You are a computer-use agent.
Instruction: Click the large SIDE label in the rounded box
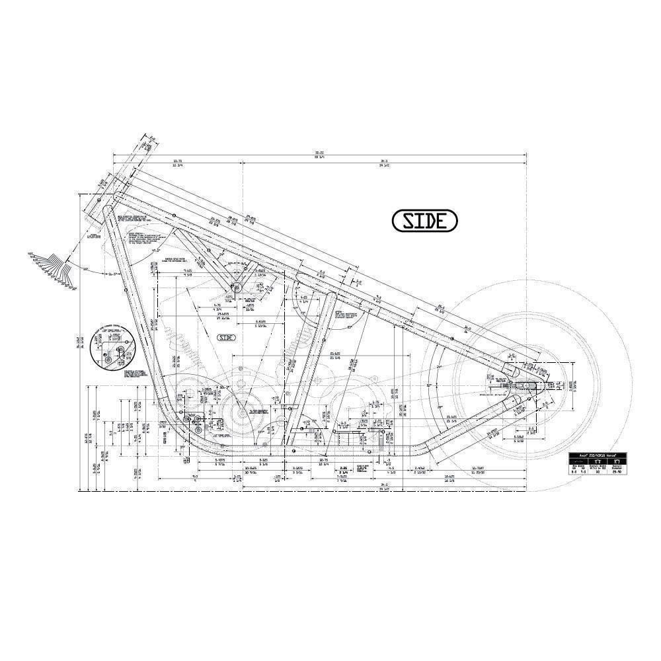[424, 221]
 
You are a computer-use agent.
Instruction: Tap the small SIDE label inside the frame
[227, 337]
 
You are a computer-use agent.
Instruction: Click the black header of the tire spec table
[599, 456]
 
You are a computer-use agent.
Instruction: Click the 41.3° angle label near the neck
[156, 251]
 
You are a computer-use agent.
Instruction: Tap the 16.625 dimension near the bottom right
[449, 477]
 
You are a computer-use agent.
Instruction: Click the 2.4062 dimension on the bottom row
[419, 469]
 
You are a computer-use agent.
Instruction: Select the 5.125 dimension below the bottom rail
[263, 461]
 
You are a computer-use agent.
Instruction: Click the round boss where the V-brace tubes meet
[235, 287]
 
